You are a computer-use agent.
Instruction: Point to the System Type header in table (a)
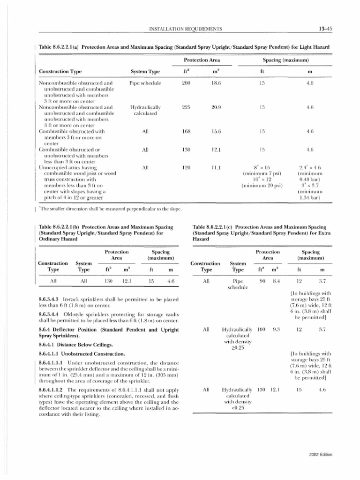coord(145,71)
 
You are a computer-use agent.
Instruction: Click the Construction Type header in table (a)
coord(60,71)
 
